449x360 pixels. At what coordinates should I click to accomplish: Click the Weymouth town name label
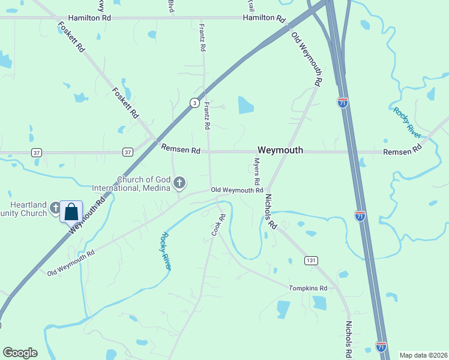(280, 150)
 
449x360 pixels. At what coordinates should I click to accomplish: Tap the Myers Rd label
(256, 172)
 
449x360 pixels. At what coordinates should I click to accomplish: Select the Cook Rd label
(217, 225)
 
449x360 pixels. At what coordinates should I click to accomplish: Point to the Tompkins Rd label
(308, 289)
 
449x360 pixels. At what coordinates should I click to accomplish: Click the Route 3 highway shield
(194, 103)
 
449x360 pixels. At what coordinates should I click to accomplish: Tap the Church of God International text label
(131, 184)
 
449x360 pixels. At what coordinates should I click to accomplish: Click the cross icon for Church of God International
(179, 182)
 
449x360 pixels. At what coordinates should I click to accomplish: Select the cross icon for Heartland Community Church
(56, 208)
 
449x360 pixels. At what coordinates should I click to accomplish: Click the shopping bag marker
(71, 211)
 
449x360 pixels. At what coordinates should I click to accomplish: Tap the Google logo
(20, 353)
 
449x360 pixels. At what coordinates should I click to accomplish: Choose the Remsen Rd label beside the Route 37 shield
(179, 150)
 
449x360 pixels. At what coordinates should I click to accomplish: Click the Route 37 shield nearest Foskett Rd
(127, 152)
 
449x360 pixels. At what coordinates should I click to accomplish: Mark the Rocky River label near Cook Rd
(165, 251)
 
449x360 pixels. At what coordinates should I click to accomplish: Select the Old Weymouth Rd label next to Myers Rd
(237, 190)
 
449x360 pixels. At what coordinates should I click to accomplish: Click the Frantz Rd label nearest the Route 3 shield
(206, 116)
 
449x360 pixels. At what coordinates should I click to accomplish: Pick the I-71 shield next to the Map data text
(381, 346)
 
